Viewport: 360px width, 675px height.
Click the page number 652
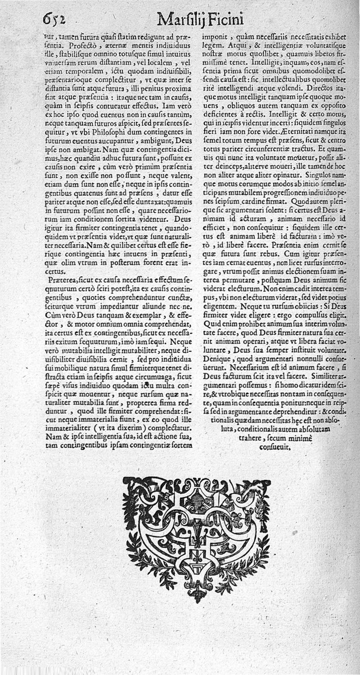[x=54, y=19]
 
